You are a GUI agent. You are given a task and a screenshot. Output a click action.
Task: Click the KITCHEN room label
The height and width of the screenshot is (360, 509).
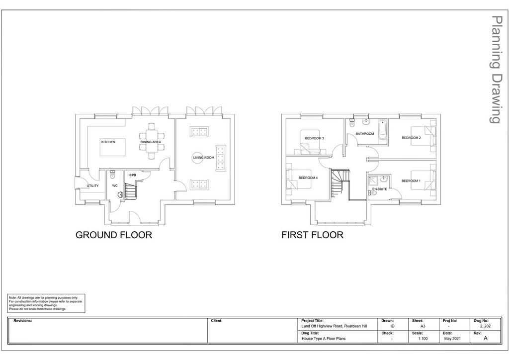pyautogui.click(x=108, y=142)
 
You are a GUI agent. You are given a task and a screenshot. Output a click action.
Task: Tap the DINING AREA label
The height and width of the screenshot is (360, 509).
pyautogui.click(x=151, y=142)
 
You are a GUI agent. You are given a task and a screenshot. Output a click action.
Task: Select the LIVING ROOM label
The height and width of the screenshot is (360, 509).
pyautogui.click(x=204, y=158)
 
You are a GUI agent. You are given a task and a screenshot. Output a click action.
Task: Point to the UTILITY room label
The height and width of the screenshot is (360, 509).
pyautogui.click(x=92, y=186)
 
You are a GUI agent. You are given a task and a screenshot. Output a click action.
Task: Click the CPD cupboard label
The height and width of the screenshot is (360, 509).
pyautogui.click(x=133, y=176)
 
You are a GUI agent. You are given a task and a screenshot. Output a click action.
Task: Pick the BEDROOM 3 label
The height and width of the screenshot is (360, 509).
pyautogui.click(x=315, y=138)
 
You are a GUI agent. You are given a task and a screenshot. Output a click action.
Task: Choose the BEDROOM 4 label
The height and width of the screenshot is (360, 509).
pyautogui.click(x=308, y=178)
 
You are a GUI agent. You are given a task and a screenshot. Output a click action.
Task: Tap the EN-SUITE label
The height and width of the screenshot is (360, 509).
pyautogui.click(x=379, y=189)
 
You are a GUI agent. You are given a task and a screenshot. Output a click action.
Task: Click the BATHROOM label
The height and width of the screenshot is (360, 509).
pyautogui.click(x=364, y=134)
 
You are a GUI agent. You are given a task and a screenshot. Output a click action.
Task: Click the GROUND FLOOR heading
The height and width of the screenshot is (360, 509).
pyautogui.click(x=114, y=235)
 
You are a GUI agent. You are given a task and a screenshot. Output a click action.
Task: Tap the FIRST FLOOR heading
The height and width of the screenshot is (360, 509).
pyautogui.click(x=312, y=235)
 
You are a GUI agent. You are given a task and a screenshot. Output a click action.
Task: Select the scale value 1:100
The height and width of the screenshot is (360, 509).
pyautogui.click(x=423, y=339)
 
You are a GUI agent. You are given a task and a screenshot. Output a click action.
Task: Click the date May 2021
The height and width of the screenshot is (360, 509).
pyautogui.click(x=452, y=339)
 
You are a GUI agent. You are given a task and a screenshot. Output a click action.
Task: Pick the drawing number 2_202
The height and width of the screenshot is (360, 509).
pyautogui.click(x=485, y=326)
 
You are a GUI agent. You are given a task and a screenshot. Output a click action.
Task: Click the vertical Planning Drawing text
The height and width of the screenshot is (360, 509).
pyautogui.click(x=496, y=70)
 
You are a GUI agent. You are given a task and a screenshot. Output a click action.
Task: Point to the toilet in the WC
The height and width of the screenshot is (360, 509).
pyautogui.click(x=113, y=175)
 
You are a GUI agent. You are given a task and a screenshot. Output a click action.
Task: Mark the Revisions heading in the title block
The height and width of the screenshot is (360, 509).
pyautogui.click(x=23, y=321)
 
